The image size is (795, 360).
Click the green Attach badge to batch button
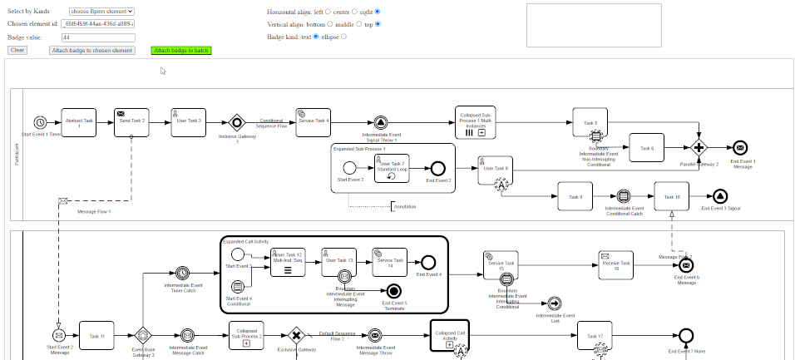click(x=181, y=51)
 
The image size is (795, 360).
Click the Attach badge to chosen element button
click(x=91, y=51)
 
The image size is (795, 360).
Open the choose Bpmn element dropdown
click(x=101, y=12)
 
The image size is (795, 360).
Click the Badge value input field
click(x=98, y=37)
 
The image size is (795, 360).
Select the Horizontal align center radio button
click(x=353, y=12)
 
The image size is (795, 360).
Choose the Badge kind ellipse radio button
click(x=344, y=37)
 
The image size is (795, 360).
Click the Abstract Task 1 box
click(x=78, y=121)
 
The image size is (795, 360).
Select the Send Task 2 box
click(x=131, y=121)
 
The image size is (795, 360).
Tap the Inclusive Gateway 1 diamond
click(x=236, y=121)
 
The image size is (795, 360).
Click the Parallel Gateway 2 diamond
click(x=699, y=148)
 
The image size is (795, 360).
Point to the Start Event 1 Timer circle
click(x=40, y=122)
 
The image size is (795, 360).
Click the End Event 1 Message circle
click(x=741, y=148)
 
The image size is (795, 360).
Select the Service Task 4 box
click(x=314, y=121)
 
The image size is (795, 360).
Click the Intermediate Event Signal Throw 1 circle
click(x=381, y=121)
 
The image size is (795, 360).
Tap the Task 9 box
click(x=575, y=196)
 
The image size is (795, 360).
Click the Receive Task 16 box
click(x=616, y=264)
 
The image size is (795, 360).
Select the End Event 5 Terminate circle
click(x=393, y=290)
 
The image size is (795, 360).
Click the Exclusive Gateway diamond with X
click(x=295, y=336)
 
